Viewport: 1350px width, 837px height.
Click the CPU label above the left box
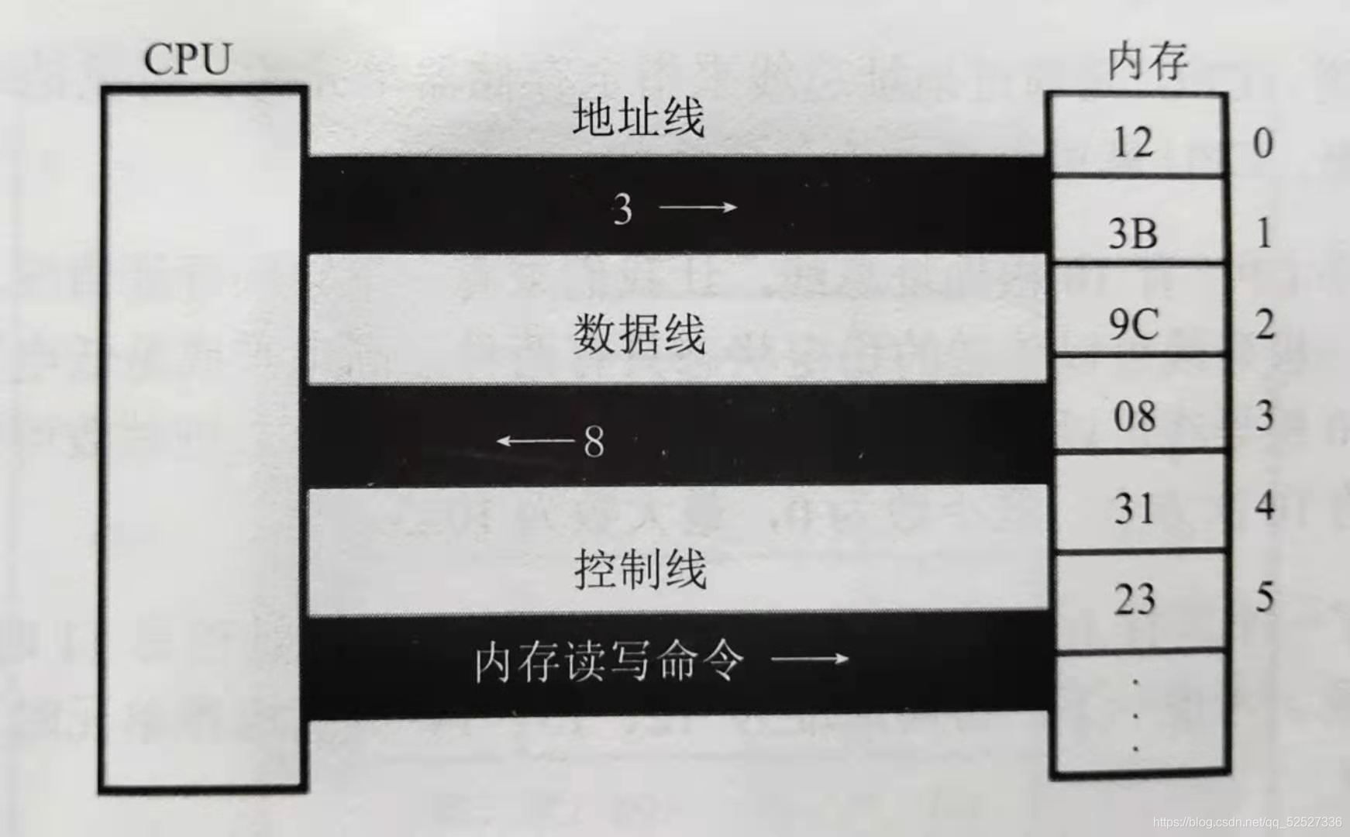pyautogui.click(x=188, y=59)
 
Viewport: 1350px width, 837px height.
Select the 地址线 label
pyautogui.click(x=639, y=119)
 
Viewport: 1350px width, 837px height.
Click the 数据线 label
pyautogui.click(x=639, y=335)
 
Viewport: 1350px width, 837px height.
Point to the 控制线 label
pyautogui.click(x=640, y=570)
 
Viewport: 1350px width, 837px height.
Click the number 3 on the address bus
pyautogui.click(x=622, y=208)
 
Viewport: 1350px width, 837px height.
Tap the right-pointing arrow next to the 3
pyautogui.click(x=697, y=207)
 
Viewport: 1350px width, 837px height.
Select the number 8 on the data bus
pyautogui.click(x=594, y=442)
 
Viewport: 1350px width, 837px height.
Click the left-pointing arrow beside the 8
pyautogui.click(x=535, y=441)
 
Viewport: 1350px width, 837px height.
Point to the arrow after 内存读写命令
pyautogui.click(x=810, y=660)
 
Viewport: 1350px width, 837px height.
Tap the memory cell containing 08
pyautogui.click(x=1135, y=416)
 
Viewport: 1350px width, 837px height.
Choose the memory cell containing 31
pyautogui.click(x=1135, y=508)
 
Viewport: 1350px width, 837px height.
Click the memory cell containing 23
pyautogui.click(x=1135, y=599)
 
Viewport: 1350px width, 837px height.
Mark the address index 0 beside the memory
pyautogui.click(x=1263, y=143)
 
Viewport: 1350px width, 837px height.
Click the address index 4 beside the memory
pyautogui.click(x=1265, y=505)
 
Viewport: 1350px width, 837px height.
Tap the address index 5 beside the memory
pyautogui.click(x=1265, y=597)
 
